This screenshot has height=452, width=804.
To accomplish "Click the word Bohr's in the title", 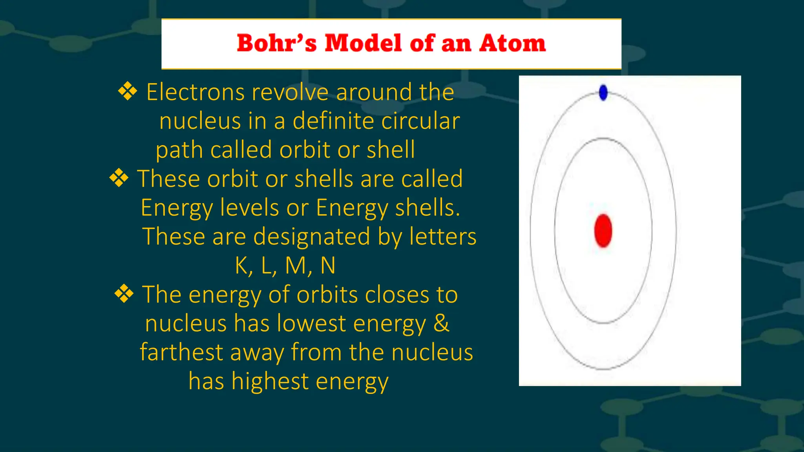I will point(276,43).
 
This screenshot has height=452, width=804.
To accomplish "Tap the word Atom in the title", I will point(512,43).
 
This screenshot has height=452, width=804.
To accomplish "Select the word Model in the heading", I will point(363,43).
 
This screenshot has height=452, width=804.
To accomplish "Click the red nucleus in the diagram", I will point(603,231).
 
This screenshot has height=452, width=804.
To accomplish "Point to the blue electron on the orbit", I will point(603,93).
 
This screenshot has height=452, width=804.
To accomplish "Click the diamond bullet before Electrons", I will point(128,91).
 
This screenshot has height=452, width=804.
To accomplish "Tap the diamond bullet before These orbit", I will point(119,178).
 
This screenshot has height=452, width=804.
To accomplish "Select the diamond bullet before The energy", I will point(124,294).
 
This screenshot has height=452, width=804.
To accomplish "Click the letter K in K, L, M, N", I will point(241,266).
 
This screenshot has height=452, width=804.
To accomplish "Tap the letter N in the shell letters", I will point(328,266).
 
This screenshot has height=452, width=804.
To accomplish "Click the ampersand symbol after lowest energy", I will point(441,323).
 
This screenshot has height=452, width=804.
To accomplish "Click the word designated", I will point(312,237).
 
